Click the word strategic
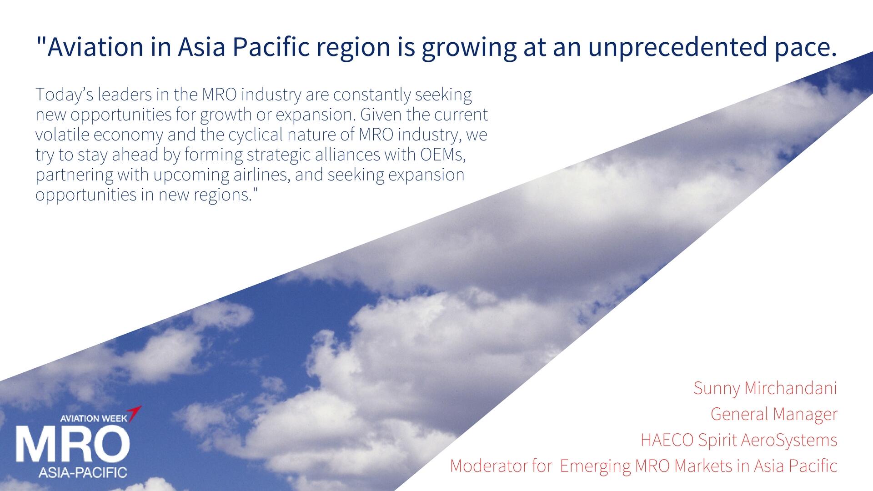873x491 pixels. pyautogui.click(x=278, y=155)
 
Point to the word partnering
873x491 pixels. pyautogui.click(x=75, y=175)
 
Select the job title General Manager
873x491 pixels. pyautogui.click(x=774, y=414)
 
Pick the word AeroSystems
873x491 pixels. pyautogui.click(x=789, y=441)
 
